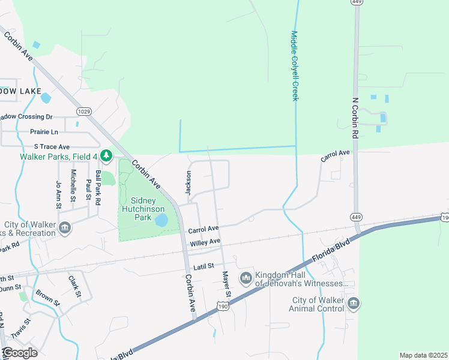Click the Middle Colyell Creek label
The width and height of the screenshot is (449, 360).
pyautogui.click(x=295, y=66)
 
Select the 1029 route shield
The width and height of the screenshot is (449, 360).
pyautogui.click(x=83, y=111)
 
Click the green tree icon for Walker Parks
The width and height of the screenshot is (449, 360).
pyautogui.click(x=106, y=157)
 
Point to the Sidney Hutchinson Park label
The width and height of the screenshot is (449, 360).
pyautogui.click(x=143, y=209)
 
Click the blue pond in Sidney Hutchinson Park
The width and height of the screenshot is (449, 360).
pyautogui.click(x=161, y=221)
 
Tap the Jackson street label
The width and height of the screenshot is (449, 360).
pyautogui.click(x=188, y=182)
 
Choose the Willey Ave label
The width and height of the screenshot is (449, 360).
pyautogui.click(x=205, y=242)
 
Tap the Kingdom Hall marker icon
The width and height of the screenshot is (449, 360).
pyautogui.click(x=245, y=278)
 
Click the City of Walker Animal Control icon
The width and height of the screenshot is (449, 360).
pyautogui.click(x=354, y=304)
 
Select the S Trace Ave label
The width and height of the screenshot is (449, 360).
pyautogui.click(x=52, y=146)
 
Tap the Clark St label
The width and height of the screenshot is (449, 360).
pyautogui.click(x=74, y=286)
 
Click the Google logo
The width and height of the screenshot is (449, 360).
pyautogui.click(x=20, y=352)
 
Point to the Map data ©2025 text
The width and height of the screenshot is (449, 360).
pyautogui.click(x=423, y=355)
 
